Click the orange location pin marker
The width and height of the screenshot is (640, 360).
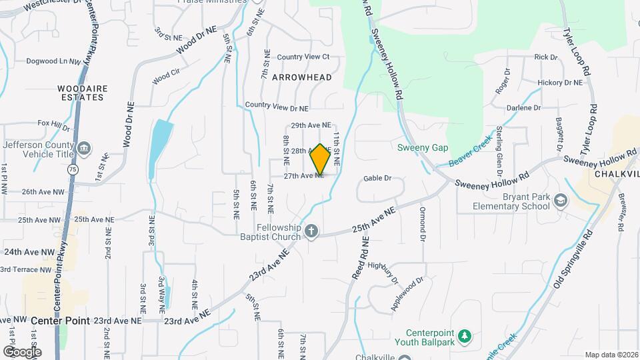click(321, 159)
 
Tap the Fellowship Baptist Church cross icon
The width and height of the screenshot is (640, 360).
click(311, 231)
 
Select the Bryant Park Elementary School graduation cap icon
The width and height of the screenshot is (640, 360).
click(561, 201)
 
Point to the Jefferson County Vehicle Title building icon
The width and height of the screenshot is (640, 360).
click(84, 147)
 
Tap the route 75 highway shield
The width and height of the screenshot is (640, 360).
click(72, 170)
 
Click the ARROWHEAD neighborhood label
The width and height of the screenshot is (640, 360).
click(301, 77)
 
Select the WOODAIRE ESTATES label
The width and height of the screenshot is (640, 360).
click(81, 93)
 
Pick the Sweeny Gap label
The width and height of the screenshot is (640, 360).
click(423, 147)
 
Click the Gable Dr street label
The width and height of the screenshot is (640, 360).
click(377, 179)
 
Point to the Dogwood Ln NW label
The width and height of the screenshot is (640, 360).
click(53, 61)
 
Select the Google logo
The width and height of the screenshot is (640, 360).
click(22, 351)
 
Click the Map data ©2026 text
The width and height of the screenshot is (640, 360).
click(611, 355)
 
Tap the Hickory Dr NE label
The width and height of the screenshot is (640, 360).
click(560, 83)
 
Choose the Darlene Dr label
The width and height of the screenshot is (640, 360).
click(523, 108)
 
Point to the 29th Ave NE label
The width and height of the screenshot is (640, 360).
click(311, 125)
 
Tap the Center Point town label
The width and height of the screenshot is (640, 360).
click(60, 321)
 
